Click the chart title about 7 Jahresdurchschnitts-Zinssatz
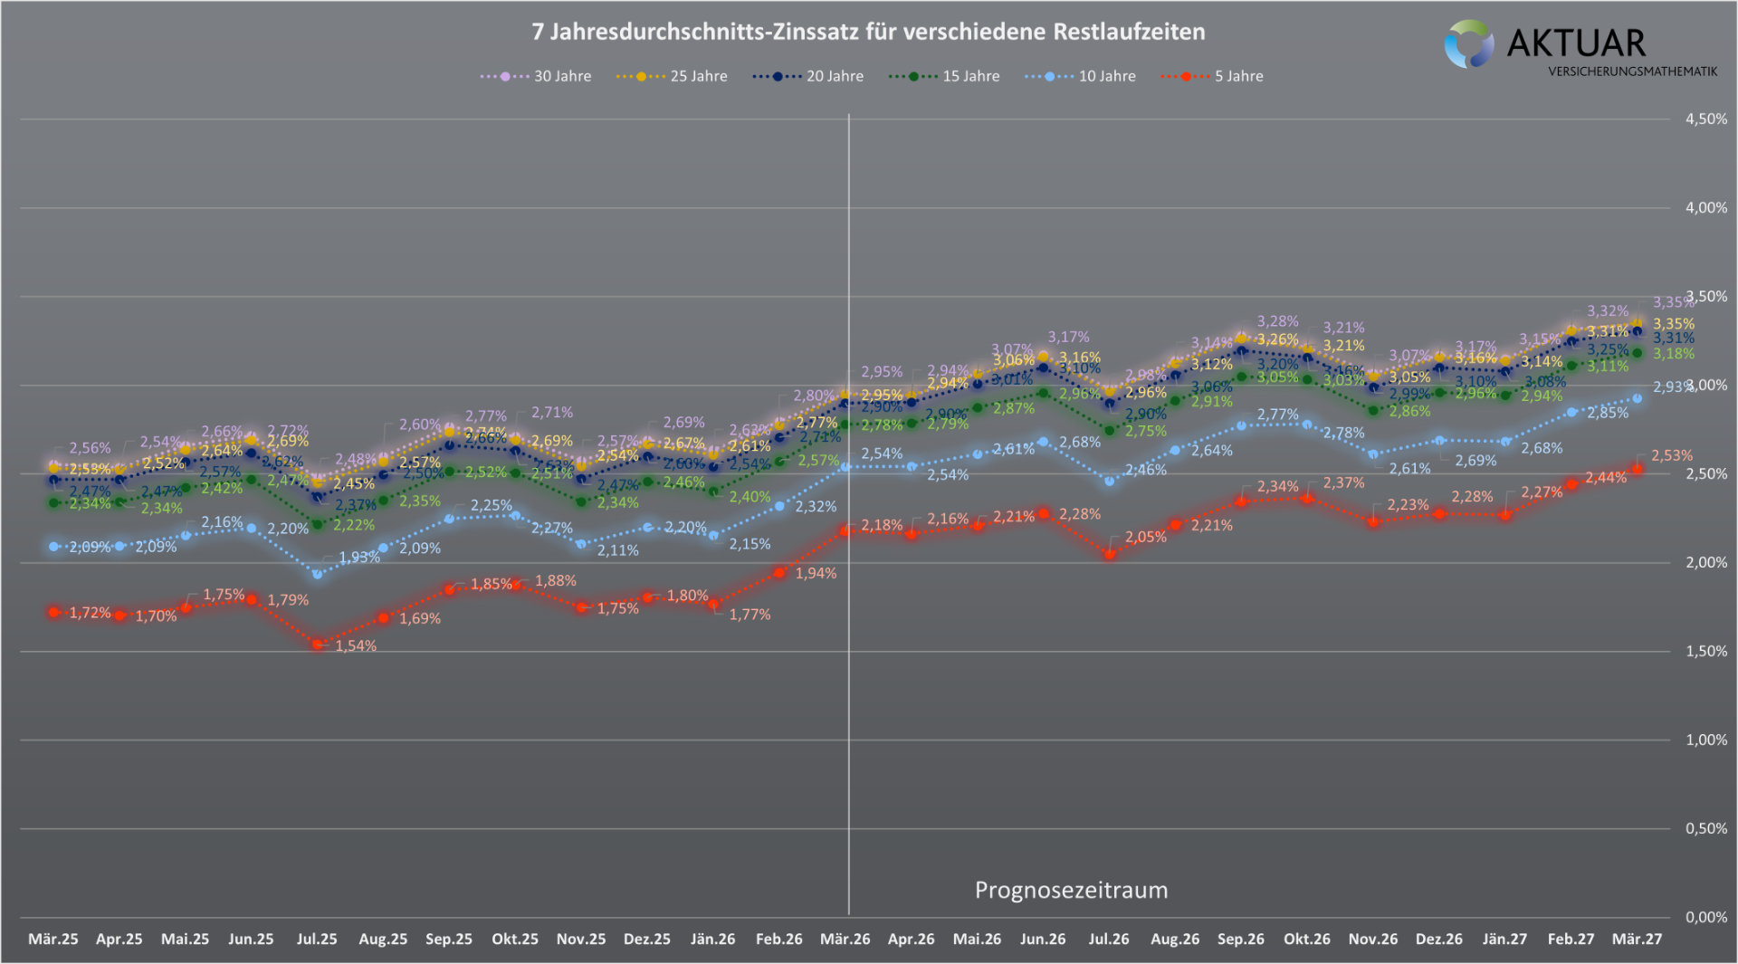coord(868,32)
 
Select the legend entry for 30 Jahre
coord(535,77)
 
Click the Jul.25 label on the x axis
coord(317,940)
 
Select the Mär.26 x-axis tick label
coord(845,940)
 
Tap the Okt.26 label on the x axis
coord(1306,940)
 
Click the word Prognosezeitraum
coord(1071,891)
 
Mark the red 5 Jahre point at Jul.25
coord(318,644)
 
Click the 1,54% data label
coord(356,646)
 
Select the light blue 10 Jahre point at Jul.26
coord(1110,481)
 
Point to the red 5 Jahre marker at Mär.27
coord(1637,469)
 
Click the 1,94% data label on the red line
coord(816,574)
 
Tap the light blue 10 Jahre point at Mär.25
coord(54,547)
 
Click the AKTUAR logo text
coord(1576,43)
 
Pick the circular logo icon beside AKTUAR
coord(1468,44)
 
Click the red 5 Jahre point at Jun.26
coord(1043,513)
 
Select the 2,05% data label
coord(1145,538)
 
